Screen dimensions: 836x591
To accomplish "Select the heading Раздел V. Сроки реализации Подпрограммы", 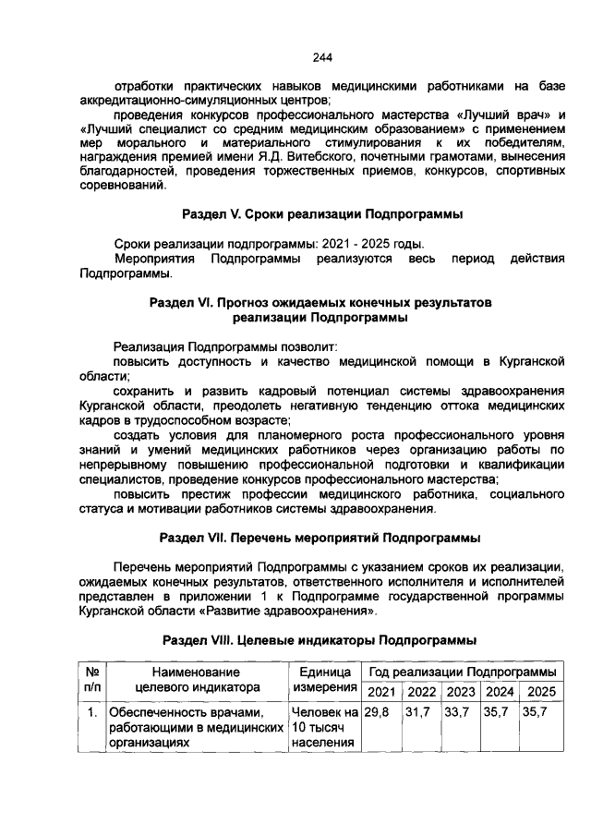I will tap(322, 214).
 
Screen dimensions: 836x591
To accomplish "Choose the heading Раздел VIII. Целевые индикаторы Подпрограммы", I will tap(320, 639).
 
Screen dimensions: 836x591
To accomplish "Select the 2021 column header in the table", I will tap(382, 692).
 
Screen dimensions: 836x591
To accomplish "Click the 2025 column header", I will tap(542, 692).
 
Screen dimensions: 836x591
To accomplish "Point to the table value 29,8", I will tap(377, 713).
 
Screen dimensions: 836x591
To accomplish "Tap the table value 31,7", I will tap(421, 713).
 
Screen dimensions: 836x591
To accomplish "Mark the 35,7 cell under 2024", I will tap(501, 713).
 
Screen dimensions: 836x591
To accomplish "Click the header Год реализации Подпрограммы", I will tap(464, 672).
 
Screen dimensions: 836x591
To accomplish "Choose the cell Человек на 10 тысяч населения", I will tap(324, 727).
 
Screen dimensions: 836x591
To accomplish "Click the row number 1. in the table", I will tap(93, 713).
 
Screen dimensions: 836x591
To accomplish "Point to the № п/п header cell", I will tap(93, 680).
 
